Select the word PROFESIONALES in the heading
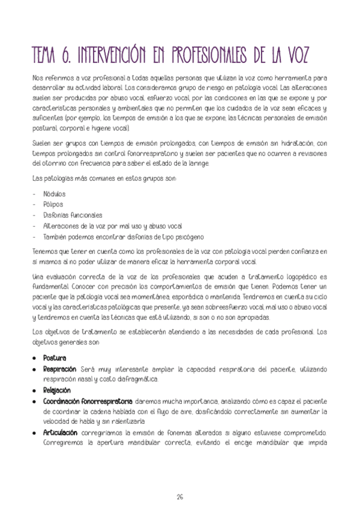click(x=221, y=55)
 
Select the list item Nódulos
click(x=55, y=194)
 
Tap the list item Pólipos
click(x=53, y=205)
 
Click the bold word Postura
click(x=55, y=358)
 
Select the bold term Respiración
click(x=59, y=369)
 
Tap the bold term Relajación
click(x=57, y=390)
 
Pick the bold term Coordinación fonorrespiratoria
click(x=88, y=400)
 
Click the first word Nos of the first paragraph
click(x=37, y=78)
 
